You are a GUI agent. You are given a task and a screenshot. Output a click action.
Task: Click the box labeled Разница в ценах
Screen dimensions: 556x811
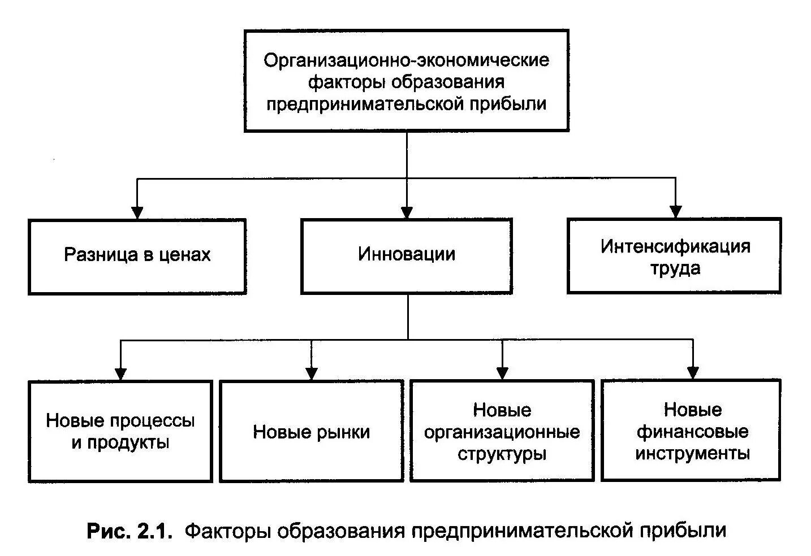137,257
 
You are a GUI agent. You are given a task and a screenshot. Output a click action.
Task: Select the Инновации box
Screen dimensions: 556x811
406,255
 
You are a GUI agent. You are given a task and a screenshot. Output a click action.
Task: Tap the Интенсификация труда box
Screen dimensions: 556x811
674,256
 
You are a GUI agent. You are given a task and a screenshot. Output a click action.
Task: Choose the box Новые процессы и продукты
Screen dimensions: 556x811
120,431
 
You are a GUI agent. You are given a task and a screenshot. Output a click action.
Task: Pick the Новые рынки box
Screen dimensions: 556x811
311,431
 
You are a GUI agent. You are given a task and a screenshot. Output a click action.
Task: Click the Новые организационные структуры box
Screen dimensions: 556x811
502,431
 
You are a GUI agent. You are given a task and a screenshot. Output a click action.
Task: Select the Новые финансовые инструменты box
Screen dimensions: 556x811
692,431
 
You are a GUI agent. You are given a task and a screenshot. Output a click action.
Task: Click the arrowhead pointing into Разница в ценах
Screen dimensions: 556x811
136,212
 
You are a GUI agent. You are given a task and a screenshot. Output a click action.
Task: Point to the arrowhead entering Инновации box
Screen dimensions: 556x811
407,212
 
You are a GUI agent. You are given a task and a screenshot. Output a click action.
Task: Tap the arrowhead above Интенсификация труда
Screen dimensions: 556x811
675,211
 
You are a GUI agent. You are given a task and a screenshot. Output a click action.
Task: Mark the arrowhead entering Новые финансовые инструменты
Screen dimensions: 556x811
693,373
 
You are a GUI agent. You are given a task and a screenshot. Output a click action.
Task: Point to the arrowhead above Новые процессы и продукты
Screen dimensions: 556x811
120,373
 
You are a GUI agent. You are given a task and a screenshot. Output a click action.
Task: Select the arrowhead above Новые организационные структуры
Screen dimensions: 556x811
502,373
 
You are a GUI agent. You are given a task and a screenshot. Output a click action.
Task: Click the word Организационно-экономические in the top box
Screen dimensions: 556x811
406,60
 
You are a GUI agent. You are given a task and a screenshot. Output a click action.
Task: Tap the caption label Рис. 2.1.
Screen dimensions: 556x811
128,531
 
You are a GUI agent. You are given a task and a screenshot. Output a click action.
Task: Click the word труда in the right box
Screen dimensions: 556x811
675,268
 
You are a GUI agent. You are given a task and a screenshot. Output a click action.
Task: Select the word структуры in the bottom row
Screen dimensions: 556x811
502,454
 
